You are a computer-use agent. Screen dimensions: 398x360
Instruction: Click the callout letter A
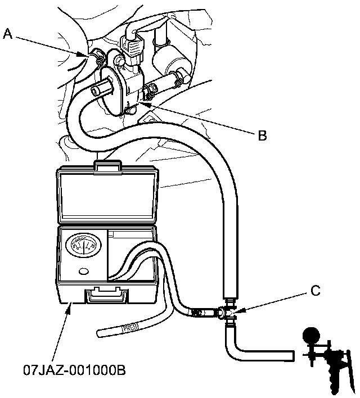(x=7, y=34)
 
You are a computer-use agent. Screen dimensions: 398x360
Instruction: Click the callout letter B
(x=262, y=135)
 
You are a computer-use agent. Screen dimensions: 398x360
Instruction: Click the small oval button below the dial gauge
(x=85, y=272)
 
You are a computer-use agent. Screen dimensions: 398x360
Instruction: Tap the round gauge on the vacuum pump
(x=310, y=336)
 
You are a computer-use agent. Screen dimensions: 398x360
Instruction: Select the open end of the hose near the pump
(x=291, y=355)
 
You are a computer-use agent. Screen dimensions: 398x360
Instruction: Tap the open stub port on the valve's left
(x=100, y=88)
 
